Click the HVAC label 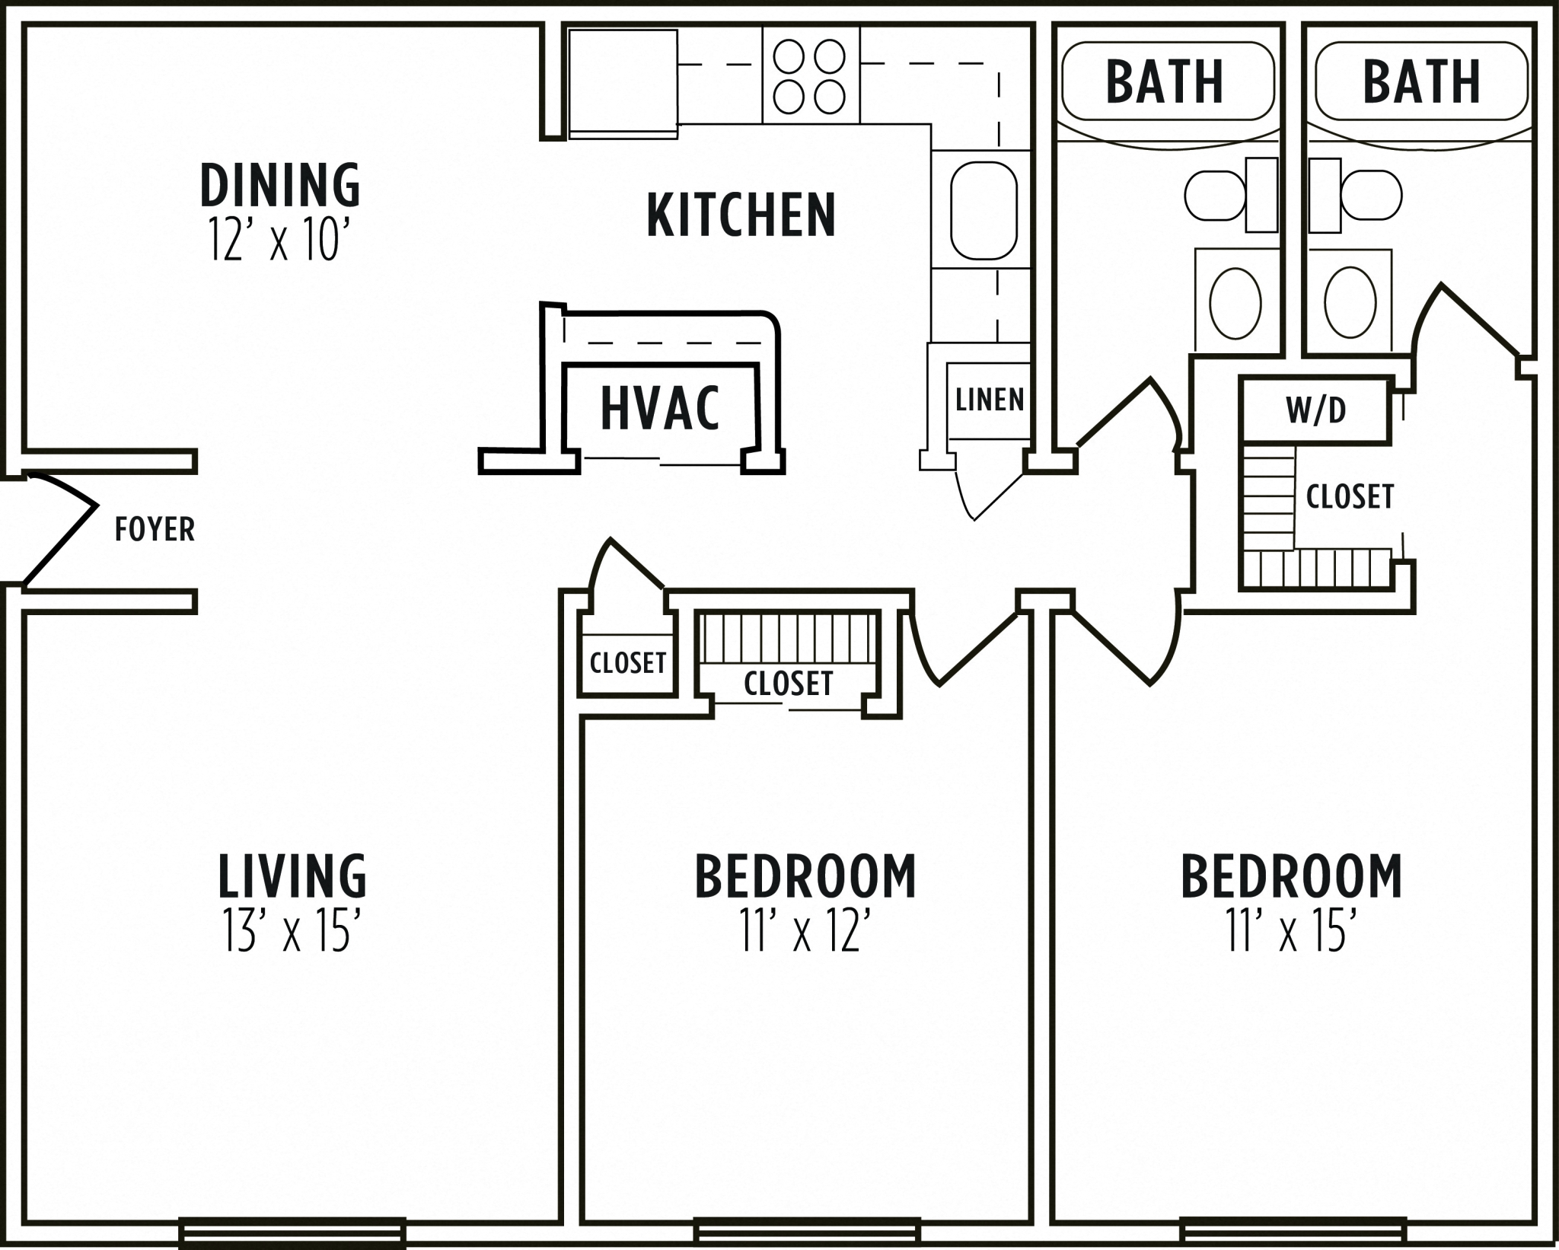659,409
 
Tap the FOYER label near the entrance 155,529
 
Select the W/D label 1316,410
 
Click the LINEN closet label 990,400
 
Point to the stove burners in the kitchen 810,75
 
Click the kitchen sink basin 984,210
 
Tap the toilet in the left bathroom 1216,196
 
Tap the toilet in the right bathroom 1370,195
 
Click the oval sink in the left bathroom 1235,303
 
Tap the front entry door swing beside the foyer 57,529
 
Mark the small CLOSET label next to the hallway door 628,663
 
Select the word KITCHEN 741,215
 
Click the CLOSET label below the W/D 1350,496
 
